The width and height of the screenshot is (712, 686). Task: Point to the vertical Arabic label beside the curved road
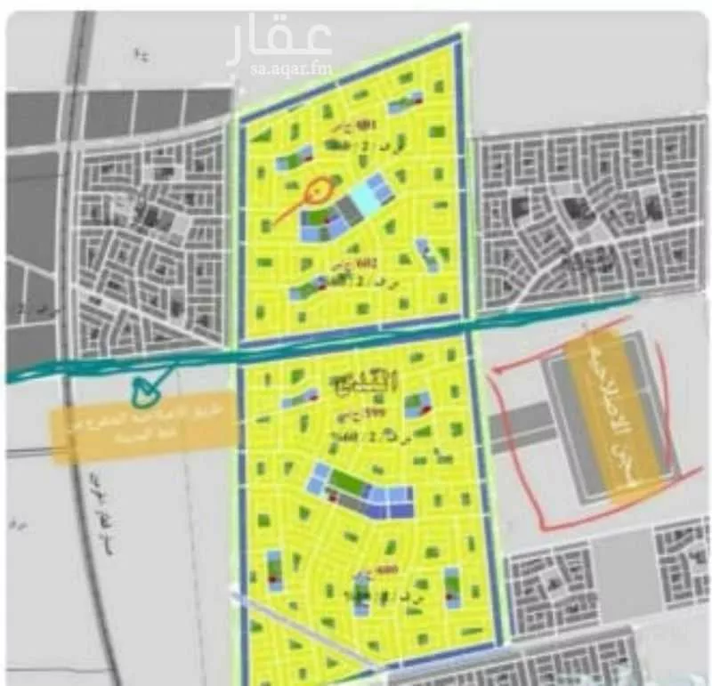[98, 525]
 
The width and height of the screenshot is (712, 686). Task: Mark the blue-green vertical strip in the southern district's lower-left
[274, 569]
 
